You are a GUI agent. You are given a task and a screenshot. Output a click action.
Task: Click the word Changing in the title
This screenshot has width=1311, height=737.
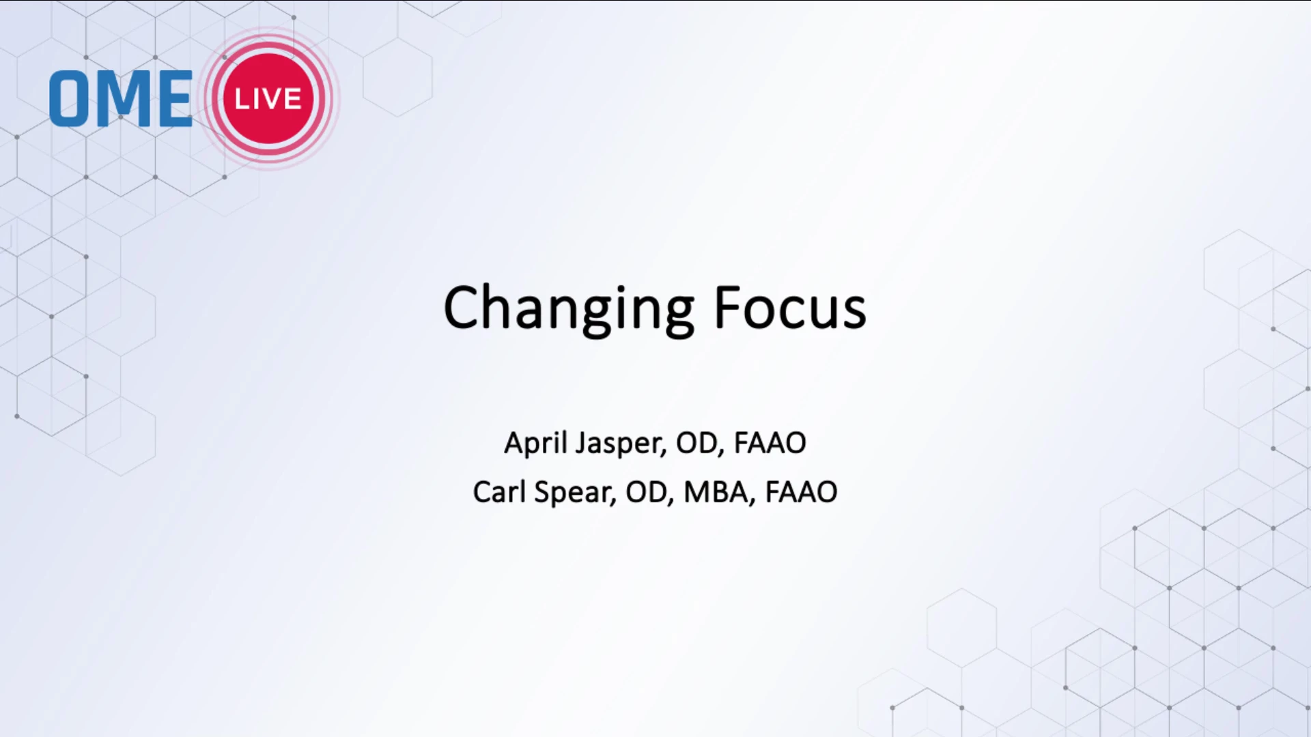point(569,310)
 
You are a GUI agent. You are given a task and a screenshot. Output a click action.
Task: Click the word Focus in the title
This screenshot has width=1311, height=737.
point(790,308)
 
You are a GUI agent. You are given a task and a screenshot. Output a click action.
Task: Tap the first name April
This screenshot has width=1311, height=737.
point(536,444)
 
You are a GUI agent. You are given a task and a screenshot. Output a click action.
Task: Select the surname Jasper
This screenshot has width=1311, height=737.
point(621,444)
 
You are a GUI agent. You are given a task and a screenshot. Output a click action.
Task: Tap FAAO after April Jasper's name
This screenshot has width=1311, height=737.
point(770,443)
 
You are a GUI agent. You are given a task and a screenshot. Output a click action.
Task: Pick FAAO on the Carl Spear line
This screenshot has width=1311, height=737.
point(801,492)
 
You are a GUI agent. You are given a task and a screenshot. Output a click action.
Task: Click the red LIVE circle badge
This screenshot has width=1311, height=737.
point(268,98)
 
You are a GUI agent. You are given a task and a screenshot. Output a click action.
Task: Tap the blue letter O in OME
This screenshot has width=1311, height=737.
point(70,98)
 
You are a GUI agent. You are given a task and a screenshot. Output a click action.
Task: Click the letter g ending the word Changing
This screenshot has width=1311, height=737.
point(677,316)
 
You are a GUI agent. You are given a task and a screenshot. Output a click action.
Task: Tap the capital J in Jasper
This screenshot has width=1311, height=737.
point(581,444)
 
